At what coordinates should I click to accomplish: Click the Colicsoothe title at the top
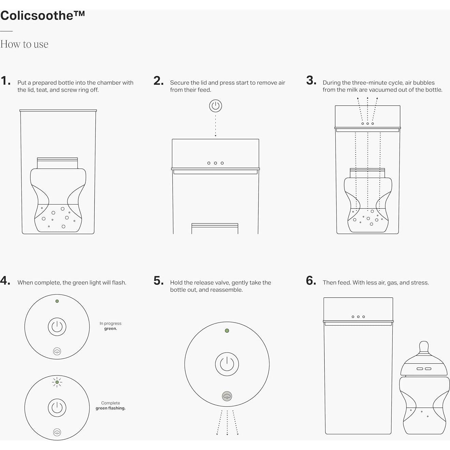pyautogui.click(x=42, y=16)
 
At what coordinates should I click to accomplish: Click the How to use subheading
pyautogui.click(x=24, y=44)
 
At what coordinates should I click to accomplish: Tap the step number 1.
pyautogui.click(x=5, y=81)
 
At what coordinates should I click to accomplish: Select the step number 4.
pyautogui.click(x=5, y=281)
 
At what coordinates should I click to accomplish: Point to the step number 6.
pyautogui.click(x=311, y=281)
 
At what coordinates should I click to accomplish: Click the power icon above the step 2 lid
pyautogui.click(x=215, y=106)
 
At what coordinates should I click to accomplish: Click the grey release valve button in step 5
pyautogui.click(x=227, y=396)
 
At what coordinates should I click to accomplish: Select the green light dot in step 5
pyautogui.click(x=227, y=330)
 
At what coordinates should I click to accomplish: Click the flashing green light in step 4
pyautogui.click(x=57, y=382)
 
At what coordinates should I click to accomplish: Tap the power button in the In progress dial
pyautogui.click(x=57, y=327)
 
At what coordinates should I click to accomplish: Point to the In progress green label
pyautogui.click(x=110, y=326)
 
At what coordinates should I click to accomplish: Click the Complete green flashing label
pyautogui.click(x=110, y=405)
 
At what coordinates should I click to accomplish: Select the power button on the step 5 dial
pyautogui.click(x=227, y=364)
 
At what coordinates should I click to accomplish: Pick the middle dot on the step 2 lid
pyautogui.click(x=215, y=163)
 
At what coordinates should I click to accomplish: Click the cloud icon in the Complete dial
pyautogui.click(x=57, y=432)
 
